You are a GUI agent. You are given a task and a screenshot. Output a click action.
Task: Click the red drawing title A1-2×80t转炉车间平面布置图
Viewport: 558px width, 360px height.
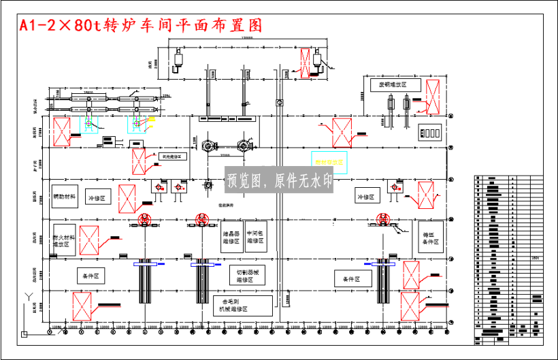(x=140, y=26)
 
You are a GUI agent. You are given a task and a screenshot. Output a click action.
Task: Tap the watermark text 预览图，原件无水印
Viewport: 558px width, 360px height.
(x=279, y=181)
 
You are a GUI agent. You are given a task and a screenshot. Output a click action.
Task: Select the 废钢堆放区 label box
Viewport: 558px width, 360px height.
(x=388, y=84)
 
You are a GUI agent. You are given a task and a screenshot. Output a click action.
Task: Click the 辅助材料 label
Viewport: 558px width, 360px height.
(x=65, y=197)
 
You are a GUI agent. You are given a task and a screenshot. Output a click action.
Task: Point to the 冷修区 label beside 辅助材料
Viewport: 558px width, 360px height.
(x=97, y=197)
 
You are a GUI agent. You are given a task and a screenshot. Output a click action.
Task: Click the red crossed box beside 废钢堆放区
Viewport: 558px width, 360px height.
(x=432, y=95)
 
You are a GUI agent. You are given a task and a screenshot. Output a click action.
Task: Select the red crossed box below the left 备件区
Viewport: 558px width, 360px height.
(x=82, y=306)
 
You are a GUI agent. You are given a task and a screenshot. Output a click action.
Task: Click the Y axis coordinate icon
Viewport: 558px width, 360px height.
(x=27, y=297)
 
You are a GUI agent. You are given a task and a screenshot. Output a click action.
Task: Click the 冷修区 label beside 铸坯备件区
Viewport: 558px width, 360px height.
(x=365, y=197)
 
